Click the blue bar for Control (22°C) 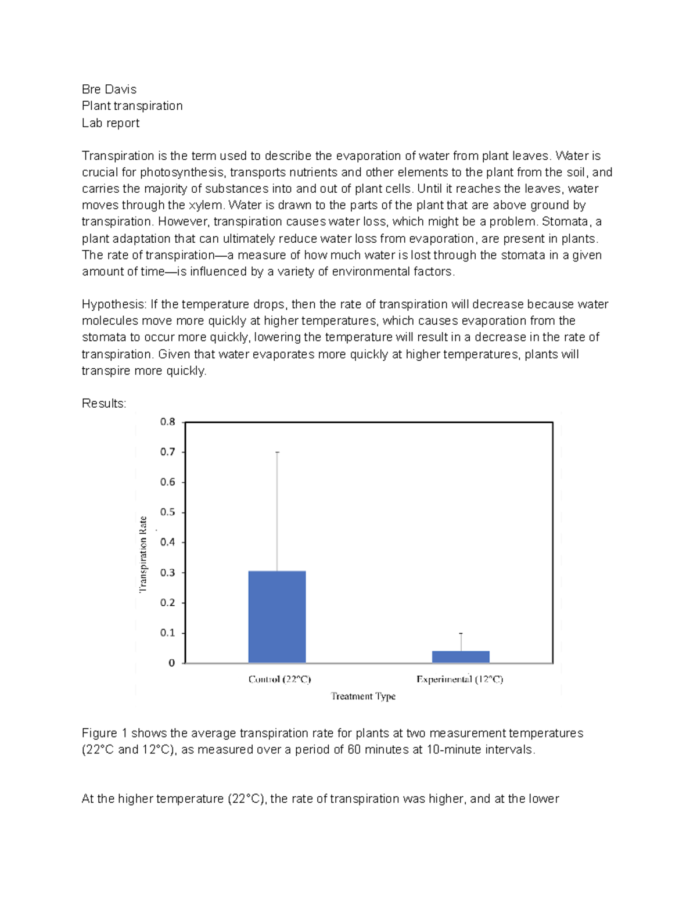[277, 617]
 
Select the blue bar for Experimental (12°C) [461, 657]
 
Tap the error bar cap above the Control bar [277, 452]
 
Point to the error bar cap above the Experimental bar [461, 633]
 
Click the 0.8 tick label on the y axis [168, 422]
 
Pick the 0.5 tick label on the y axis [168, 512]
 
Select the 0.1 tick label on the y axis [168, 633]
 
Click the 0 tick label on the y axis [171, 663]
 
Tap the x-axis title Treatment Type [363, 696]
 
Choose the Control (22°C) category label [279, 679]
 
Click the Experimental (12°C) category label [459, 679]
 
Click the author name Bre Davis [109, 89]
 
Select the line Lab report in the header [110, 123]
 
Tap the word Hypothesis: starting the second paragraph [114, 304]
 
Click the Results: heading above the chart [104, 404]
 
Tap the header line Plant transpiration [132, 106]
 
